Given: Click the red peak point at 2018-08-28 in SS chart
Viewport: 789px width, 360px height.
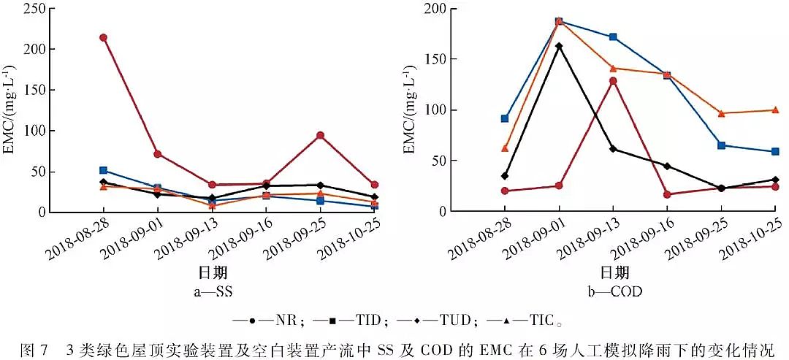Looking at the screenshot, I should [104, 37].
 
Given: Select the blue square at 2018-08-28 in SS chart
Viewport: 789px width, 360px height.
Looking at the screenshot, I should [104, 170].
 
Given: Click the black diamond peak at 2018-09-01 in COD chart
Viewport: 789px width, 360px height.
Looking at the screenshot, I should [559, 46].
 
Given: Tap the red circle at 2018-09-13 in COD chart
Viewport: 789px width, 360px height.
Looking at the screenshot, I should [613, 81].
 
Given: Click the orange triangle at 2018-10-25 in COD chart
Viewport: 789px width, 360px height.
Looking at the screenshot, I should [775, 110].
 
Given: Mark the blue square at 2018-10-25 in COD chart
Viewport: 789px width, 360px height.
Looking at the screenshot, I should [775, 151].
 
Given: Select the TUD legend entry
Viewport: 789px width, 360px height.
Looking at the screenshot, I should [437, 320].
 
